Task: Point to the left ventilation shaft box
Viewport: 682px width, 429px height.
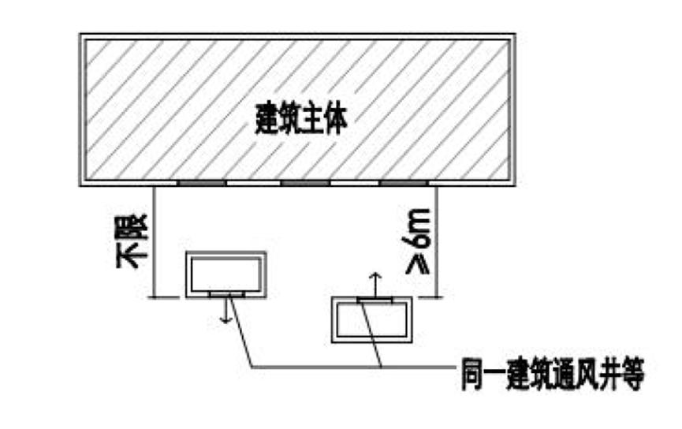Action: click(225, 274)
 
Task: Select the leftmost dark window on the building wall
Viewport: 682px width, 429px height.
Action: click(200, 183)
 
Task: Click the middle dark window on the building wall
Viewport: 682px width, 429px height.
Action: click(305, 183)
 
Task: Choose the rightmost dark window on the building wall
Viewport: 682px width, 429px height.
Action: click(403, 183)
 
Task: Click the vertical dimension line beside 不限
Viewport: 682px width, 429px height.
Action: click(153, 241)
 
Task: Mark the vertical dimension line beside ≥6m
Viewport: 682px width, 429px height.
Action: click(436, 241)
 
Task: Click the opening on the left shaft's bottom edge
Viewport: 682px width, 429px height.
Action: click(225, 294)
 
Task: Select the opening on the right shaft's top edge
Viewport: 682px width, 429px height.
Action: click(375, 300)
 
